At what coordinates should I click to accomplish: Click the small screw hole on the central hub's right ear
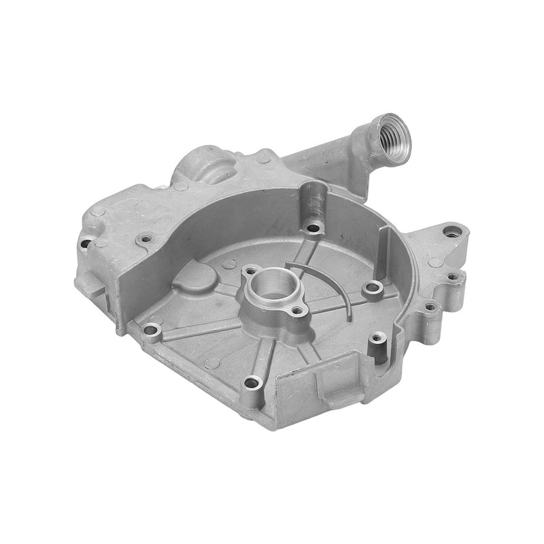(x=297, y=311)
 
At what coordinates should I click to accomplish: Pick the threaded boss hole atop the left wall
(x=145, y=239)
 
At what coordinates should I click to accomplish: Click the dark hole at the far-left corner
(x=86, y=242)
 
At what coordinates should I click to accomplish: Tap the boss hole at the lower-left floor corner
(x=151, y=330)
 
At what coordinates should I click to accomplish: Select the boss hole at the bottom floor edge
(x=252, y=383)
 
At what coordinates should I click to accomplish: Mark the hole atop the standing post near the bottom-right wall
(x=377, y=337)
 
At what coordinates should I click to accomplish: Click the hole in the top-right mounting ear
(x=452, y=232)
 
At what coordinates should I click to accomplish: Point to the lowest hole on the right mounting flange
(x=430, y=307)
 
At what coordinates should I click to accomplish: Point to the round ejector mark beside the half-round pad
(x=229, y=264)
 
